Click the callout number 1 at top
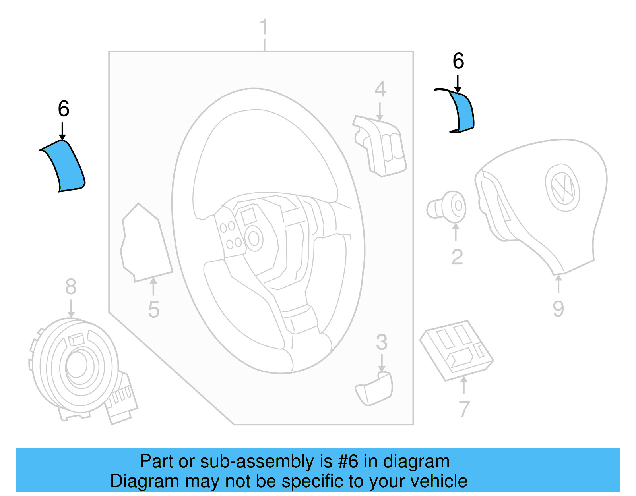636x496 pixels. [263, 28]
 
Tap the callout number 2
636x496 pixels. [457, 257]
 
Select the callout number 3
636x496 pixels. [382, 342]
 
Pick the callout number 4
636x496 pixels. [380, 89]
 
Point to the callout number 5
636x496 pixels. [153, 310]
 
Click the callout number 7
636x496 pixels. [464, 409]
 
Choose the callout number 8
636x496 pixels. [71, 286]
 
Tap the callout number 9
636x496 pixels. [558, 309]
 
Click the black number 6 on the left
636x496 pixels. [64, 109]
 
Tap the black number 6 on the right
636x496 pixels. [458, 61]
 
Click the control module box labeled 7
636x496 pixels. [456, 349]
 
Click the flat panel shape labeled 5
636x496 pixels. [145, 244]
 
